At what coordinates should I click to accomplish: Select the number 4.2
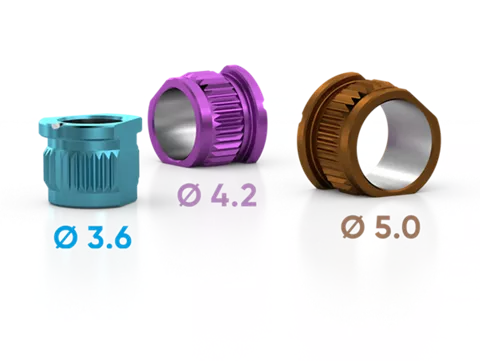tap(233, 195)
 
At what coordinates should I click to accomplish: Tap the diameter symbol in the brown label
tap(353, 227)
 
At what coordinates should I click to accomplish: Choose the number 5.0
tap(397, 227)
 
